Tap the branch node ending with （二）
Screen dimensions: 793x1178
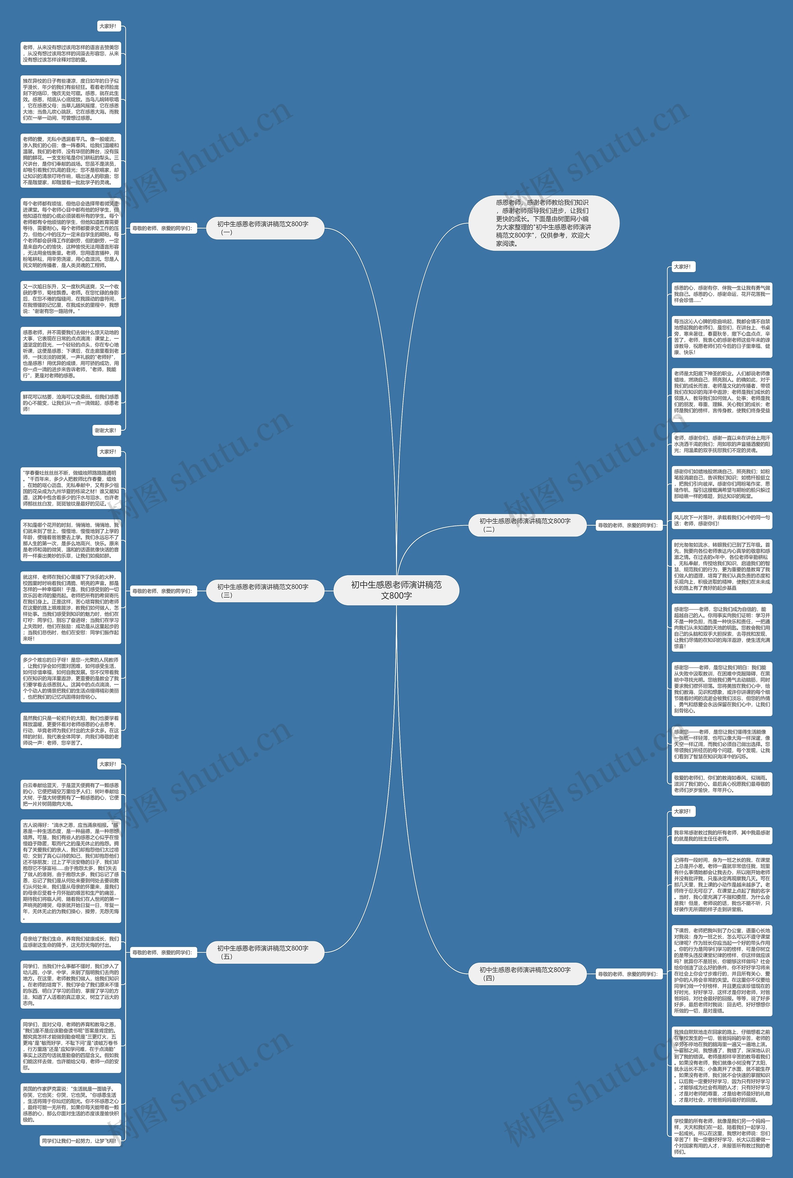tap(527, 525)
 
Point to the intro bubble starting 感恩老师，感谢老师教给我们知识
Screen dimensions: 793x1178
tap(544, 223)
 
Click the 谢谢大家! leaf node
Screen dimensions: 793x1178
tap(106, 430)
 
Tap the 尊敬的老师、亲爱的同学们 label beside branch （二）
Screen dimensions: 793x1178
tap(627, 525)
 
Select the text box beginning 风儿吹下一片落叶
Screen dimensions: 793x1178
tap(722, 520)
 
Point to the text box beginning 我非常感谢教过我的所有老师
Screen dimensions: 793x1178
tap(722, 836)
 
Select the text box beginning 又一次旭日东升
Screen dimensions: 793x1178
tap(71, 298)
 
